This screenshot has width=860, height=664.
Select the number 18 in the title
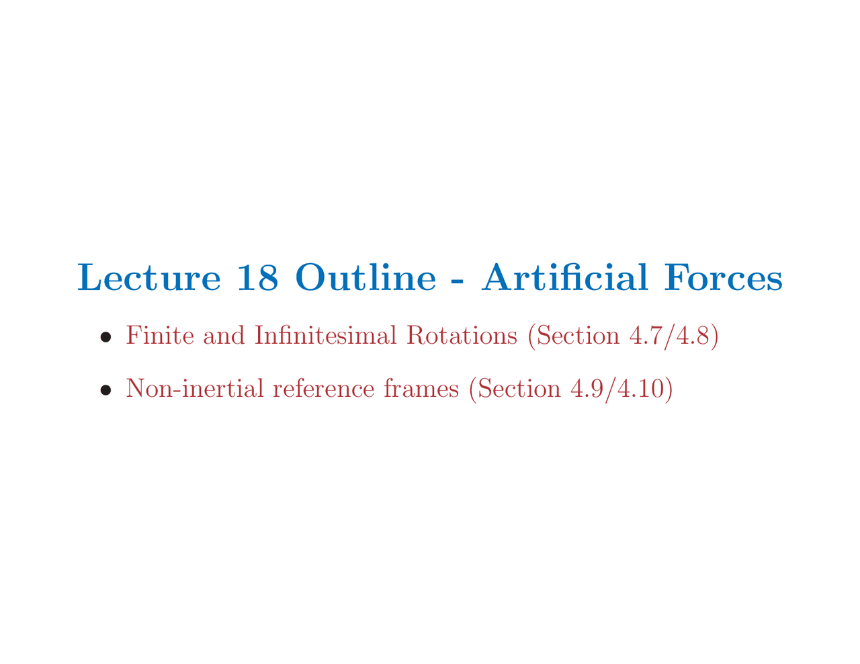coord(257,278)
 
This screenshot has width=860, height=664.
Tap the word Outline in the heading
coord(365,278)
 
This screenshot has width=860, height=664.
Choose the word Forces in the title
coord(723,278)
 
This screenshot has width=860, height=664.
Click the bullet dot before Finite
coord(106,338)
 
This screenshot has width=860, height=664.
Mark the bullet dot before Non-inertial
coord(106,391)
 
